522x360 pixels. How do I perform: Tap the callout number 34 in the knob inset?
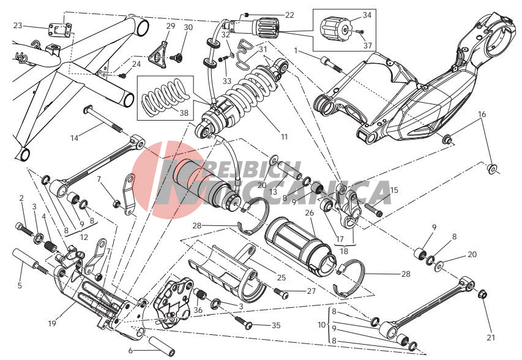point(367,14)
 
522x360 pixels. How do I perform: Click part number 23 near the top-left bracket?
point(18,26)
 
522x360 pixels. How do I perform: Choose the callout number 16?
point(482,114)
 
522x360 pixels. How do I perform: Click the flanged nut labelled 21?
point(482,294)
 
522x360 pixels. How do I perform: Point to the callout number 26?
point(309,212)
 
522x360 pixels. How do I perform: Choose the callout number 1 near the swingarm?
point(296,50)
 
